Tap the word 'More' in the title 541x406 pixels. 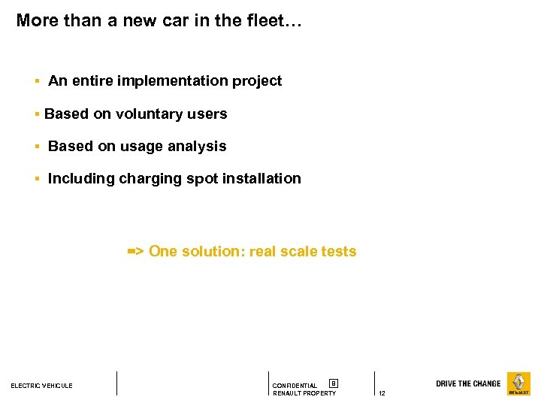pos(37,20)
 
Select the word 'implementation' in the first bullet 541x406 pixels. pos(172,80)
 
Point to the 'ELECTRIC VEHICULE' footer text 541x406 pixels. pos(41,386)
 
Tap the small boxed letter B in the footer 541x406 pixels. pos(334,383)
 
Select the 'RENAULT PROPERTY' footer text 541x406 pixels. pos(304,394)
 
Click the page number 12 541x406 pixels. pos(382,394)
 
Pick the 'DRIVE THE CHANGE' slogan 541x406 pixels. pos(468,383)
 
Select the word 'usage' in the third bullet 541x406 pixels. pos(142,147)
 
